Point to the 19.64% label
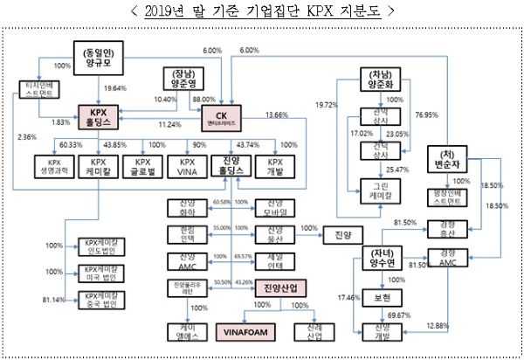(x=116, y=87)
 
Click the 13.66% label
(x=277, y=115)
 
